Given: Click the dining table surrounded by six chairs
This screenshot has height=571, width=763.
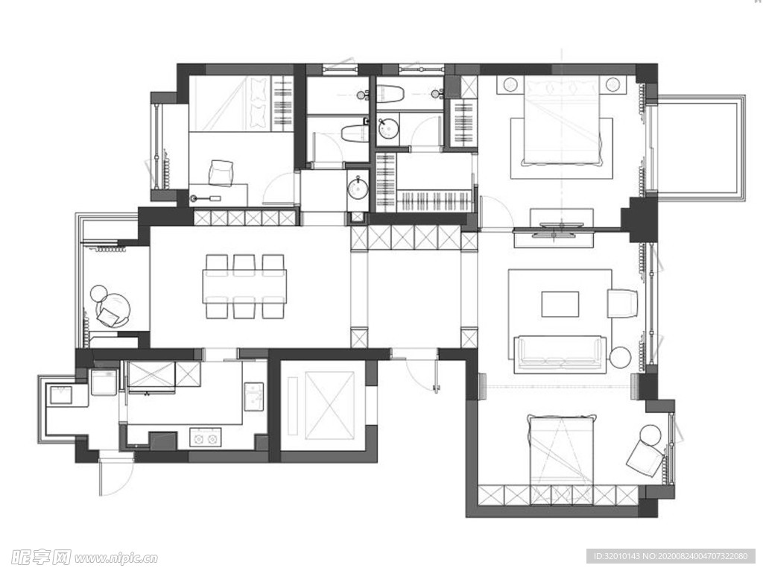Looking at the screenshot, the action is (x=244, y=285).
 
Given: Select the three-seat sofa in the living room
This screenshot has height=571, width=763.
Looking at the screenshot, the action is (x=560, y=354).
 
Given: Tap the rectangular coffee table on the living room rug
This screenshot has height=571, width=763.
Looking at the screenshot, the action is (x=560, y=304).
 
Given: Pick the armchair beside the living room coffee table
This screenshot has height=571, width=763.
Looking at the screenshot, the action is (x=622, y=303).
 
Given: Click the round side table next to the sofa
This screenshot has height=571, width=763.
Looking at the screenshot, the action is (x=621, y=358).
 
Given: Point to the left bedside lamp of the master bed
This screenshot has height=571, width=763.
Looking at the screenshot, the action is (x=510, y=85).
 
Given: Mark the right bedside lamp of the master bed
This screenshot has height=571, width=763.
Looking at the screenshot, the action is (x=612, y=85).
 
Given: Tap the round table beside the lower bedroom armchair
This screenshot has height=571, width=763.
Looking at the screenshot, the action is (x=650, y=435).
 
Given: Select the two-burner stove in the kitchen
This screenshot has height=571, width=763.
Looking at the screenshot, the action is (x=205, y=438).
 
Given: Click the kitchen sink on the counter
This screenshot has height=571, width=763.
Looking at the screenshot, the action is (x=253, y=397).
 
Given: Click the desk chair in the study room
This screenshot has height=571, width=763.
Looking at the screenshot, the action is (x=221, y=173).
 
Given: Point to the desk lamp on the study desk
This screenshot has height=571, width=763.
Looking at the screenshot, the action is (x=206, y=198).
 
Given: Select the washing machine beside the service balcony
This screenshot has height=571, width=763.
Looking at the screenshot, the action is (x=104, y=382).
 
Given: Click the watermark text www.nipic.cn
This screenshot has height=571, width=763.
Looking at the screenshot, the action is (x=115, y=558).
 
